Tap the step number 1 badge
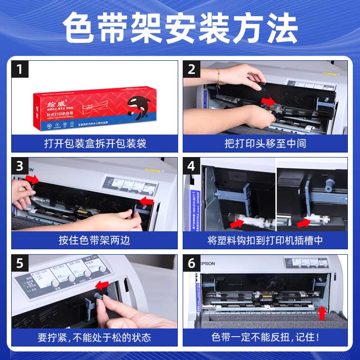pyautogui.click(x=19, y=69)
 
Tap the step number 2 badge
pyautogui.click(x=191, y=69)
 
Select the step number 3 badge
pyautogui.click(x=19, y=166)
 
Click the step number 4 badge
pyautogui.click(x=191, y=166)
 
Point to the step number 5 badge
pyautogui.click(x=19, y=263)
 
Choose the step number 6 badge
pyautogui.click(x=191, y=263)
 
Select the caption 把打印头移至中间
pyautogui.click(x=265, y=144)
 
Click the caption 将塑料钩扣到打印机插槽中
pyautogui.click(x=265, y=240)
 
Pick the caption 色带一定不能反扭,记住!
pyautogui.click(x=265, y=337)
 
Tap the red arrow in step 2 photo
pyautogui.click(x=269, y=101)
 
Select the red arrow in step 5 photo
pyautogui.click(x=102, y=285)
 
